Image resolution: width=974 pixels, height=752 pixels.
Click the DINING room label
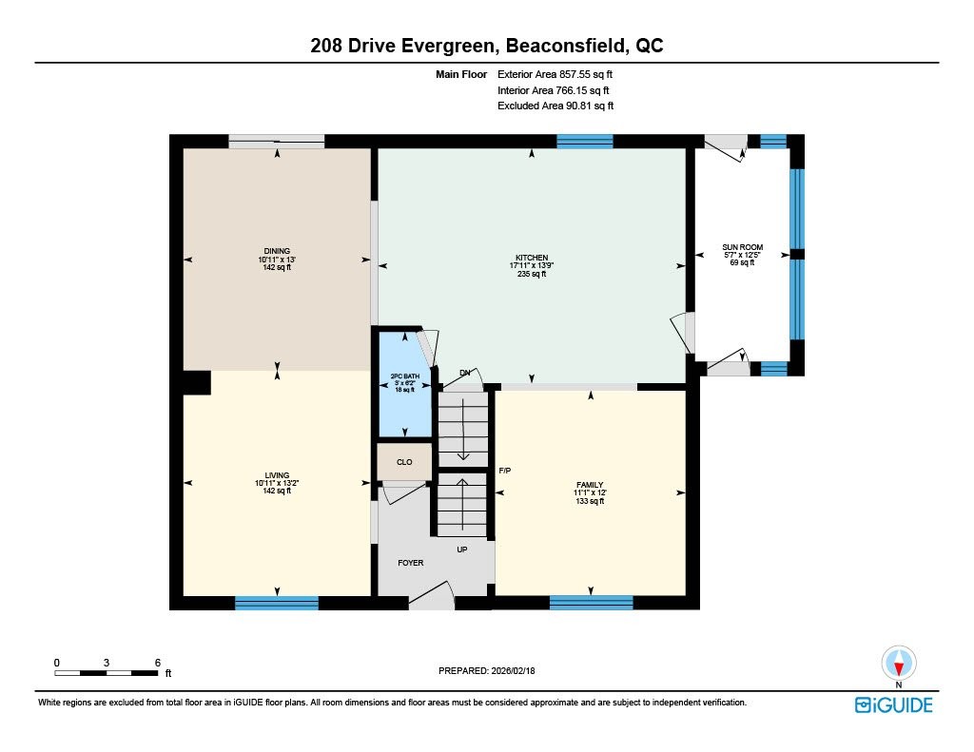coord(277,251)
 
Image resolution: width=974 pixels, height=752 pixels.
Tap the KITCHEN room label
coord(532,258)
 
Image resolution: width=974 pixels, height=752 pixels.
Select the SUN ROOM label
coord(742,247)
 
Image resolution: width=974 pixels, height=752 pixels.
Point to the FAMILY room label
coord(590,485)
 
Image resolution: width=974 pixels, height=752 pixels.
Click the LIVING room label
coord(277,475)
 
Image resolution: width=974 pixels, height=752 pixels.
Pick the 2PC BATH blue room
coord(405,384)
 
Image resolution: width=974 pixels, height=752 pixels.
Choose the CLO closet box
coord(404,462)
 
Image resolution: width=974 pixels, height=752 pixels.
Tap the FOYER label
coord(411,563)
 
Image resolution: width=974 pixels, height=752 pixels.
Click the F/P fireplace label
coord(505,471)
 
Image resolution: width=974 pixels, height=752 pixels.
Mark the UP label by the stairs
coord(462,550)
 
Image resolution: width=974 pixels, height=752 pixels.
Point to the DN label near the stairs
coord(464,374)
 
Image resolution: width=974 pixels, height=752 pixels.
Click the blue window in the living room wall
coord(277,603)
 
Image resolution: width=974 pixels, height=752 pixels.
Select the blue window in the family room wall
coord(592,603)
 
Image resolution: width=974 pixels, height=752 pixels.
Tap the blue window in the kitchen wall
coord(585,142)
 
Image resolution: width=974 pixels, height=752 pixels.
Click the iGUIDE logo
coord(894,705)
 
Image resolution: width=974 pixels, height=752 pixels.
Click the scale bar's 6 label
coord(158,663)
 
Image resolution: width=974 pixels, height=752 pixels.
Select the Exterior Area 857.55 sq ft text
coord(555,74)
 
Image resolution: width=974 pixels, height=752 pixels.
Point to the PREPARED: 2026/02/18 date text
coord(486,670)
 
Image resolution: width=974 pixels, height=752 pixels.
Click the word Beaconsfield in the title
coord(566,46)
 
